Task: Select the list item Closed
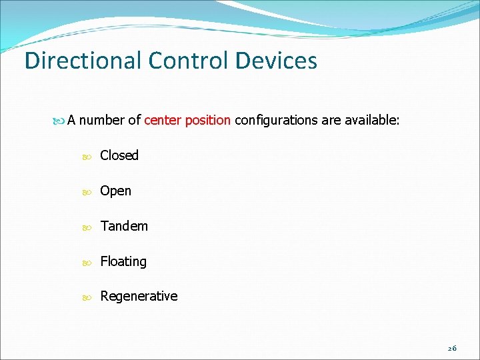(x=119, y=155)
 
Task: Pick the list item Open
(x=116, y=191)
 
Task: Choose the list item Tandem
(x=124, y=226)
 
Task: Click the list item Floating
(x=123, y=261)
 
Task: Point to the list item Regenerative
(x=139, y=296)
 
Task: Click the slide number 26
(x=452, y=349)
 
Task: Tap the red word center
(x=161, y=121)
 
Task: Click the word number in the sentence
(x=102, y=121)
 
